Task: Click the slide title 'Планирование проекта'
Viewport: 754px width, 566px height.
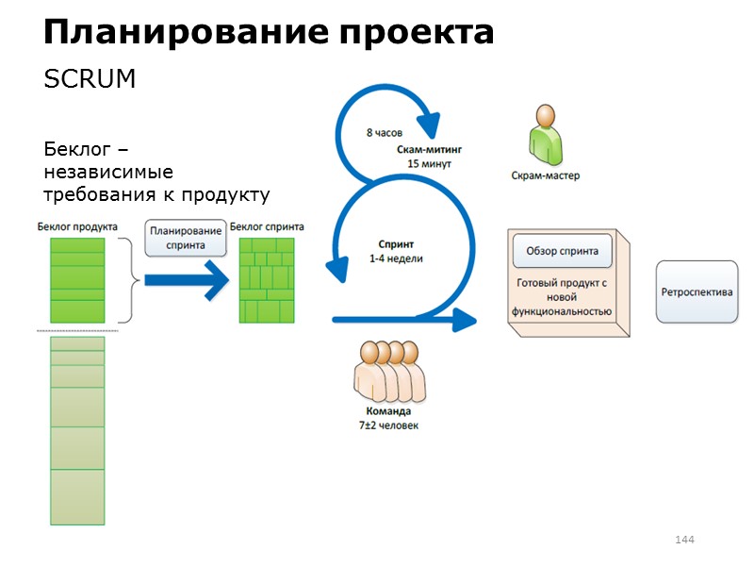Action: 269,33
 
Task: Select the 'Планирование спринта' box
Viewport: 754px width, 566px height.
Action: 186,238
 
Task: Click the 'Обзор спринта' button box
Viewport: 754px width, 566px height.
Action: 562,252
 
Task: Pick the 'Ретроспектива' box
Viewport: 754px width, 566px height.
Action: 697,291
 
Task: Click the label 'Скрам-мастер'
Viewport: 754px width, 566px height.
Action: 545,175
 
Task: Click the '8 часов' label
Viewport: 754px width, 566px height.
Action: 384,133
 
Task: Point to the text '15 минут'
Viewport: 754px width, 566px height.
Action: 429,163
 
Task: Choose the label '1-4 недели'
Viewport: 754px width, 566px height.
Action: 396,258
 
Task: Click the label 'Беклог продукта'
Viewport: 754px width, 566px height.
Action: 77,226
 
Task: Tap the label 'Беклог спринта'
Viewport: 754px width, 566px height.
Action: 267,226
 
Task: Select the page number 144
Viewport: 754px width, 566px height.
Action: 684,540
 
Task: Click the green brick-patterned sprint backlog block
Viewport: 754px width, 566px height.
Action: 267,280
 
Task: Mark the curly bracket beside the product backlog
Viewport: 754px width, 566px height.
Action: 129,280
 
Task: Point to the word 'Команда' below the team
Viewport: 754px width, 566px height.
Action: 388,412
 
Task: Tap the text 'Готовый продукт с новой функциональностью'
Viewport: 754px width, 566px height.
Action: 562,296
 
